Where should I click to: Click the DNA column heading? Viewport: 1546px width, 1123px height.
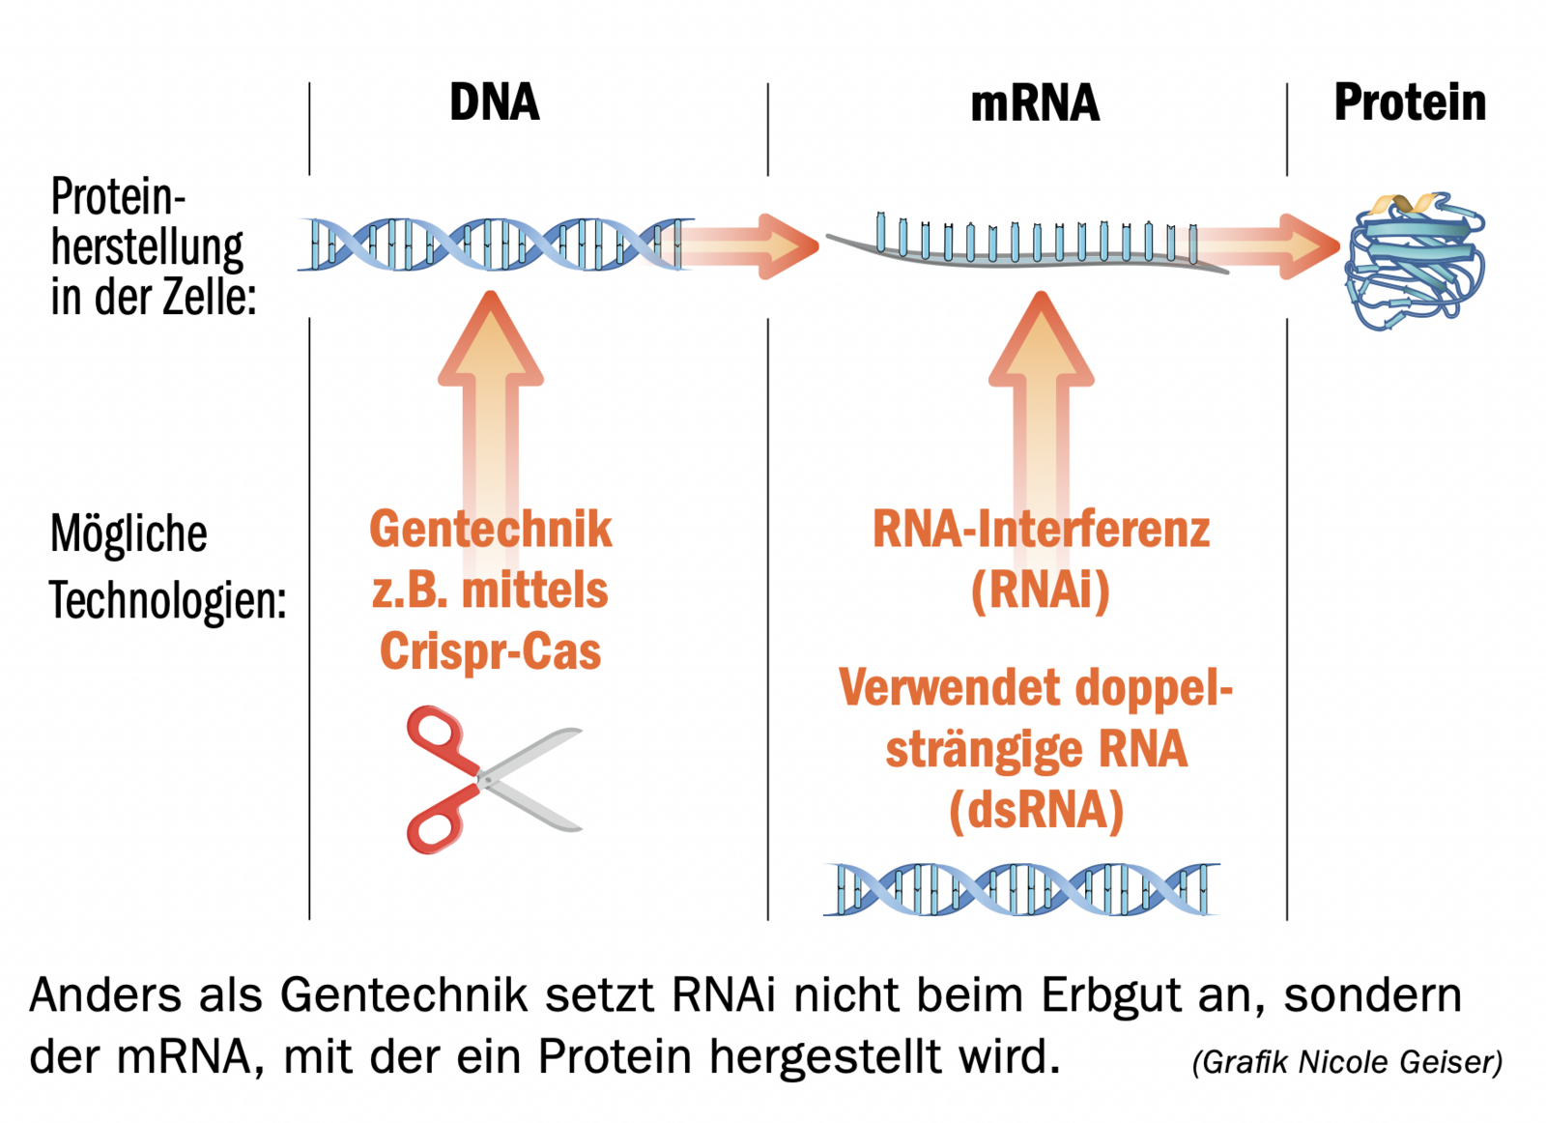tap(494, 102)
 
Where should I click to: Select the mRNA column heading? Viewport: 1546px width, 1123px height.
tap(1034, 103)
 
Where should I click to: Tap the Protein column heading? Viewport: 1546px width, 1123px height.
tap(1409, 102)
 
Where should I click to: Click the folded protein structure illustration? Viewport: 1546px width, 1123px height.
tap(1414, 259)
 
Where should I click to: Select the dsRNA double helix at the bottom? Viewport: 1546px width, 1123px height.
tap(1021, 888)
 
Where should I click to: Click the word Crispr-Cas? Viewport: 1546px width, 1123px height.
tap(490, 650)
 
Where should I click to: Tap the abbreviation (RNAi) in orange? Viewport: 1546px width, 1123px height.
tap(1041, 590)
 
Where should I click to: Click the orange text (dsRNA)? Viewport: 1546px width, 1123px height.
tap(1037, 810)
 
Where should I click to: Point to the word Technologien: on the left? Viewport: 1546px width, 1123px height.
tap(168, 601)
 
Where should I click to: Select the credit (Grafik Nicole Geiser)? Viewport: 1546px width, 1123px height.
tap(1347, 1062)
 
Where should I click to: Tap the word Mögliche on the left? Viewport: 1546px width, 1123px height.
tap(129, 533)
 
